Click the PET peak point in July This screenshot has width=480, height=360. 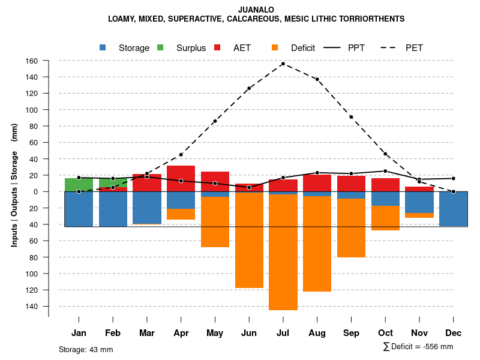283,64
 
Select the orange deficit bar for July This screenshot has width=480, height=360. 283,252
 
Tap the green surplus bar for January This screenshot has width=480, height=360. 79,185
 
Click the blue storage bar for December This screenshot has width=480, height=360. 453,209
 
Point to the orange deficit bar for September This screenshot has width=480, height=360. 351,228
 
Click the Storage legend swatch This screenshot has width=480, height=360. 103,48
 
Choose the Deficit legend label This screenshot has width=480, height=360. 303,48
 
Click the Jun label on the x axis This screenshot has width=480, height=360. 249,333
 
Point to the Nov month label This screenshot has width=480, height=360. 419,333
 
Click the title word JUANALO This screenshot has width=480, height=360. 256,10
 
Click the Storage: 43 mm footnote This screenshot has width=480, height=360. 86,349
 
